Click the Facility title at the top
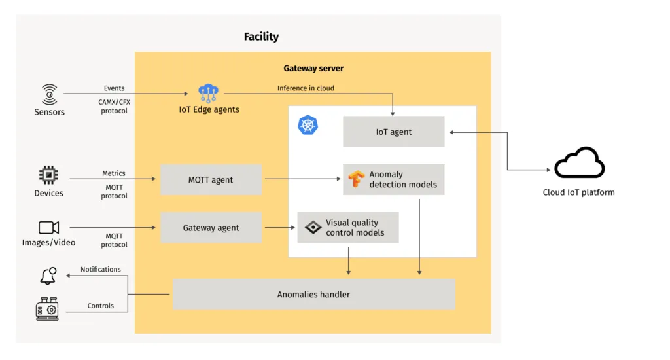[261, 37]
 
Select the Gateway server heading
[313, 68]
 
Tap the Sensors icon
[49, 94]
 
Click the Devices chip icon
[48, 175]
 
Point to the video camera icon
[48, 227]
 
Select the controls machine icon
[47, 308]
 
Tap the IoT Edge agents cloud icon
[209, 94]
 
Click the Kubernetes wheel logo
[308, 125]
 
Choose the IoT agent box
[393, 132]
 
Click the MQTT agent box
[211, 179]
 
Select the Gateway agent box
[211, 228]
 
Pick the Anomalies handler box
[313, 294]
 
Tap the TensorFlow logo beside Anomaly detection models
[356, 179]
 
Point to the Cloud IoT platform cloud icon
[579, 163]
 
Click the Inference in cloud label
[306, 88]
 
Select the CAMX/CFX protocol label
[115, 106]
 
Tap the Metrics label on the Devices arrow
[114, 173]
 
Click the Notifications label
[101, 269]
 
